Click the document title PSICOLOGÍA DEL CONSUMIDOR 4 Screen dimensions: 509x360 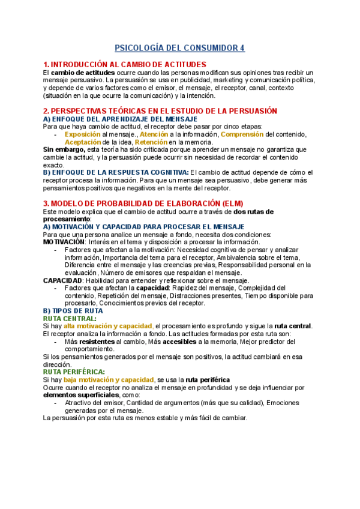180,48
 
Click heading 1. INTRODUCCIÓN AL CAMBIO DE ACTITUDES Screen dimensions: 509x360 125,64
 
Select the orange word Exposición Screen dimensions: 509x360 82,134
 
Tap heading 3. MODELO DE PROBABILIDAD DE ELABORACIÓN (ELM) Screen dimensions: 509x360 143,203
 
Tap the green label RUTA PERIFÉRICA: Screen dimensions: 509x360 74,372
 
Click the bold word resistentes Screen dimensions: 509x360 97,342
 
